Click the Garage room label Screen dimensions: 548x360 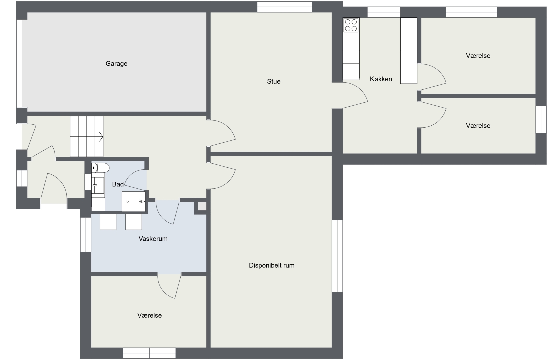coord(116,64)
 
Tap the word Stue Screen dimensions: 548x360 coord(274,81)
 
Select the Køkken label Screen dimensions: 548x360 coord(381,79)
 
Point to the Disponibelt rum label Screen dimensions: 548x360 coord(272,265)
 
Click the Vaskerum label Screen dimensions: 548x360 coord(153,239)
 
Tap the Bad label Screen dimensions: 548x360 coord(118,184)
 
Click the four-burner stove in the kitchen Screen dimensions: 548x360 coord(351,25)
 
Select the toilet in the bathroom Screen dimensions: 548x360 coord(100,168)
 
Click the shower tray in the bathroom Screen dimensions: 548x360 coord(134,202)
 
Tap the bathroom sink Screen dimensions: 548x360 coord(98,185)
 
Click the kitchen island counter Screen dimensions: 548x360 coord(409,51)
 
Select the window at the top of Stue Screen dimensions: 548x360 coord(285,7)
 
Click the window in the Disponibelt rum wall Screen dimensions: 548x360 coord(337,256)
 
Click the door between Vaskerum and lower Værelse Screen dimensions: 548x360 coord(170,286)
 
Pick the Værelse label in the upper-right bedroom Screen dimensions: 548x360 coord(478,56)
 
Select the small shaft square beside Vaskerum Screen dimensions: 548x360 coord(202,206)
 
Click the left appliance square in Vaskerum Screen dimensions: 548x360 coord(108,222)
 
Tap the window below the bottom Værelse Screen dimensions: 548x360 coord(149,353)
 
